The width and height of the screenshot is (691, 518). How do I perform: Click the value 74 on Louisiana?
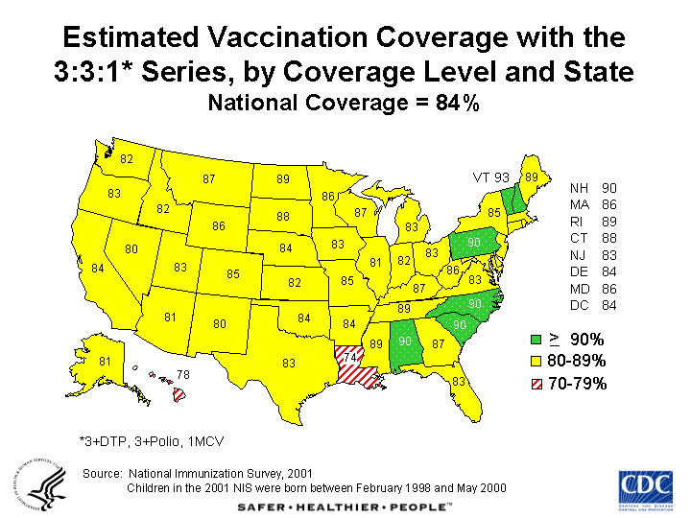(x=350, y=357)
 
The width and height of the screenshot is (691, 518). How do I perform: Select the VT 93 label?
(x=490, y=177)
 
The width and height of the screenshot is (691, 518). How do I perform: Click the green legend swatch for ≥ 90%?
(x=536, y=339)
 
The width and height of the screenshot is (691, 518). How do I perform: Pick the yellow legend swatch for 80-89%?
(x=536, y=362)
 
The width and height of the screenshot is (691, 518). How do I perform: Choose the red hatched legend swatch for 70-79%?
(x=536, y=384)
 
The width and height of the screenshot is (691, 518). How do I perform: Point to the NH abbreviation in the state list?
(x=579, y=188)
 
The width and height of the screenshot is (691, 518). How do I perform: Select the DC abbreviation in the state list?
(x=579, y=306)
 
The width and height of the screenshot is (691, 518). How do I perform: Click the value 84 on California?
(x=98, y=268)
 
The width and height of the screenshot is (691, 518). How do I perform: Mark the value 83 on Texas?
(x=289, y=363)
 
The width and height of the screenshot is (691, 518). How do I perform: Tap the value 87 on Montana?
(x=209, y=179)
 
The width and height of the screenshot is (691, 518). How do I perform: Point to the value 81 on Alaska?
(x=106, y=362)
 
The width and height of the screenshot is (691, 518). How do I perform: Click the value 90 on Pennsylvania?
(x=473, y=243)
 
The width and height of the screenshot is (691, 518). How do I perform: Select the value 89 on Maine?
(x=531, y=177)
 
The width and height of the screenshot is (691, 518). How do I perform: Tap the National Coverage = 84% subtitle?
(x=345, y=103)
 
